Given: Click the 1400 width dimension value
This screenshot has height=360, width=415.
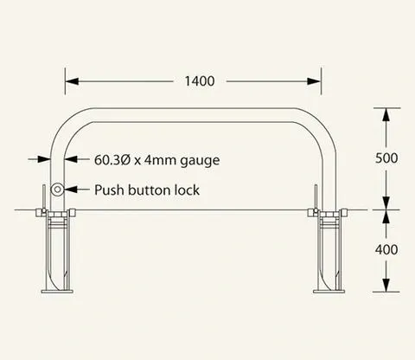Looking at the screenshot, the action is (x=200, y=81).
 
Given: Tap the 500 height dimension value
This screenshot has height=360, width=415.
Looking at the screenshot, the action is (x=386, y=158).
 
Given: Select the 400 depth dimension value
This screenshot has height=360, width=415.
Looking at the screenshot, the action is (x=386, y=249).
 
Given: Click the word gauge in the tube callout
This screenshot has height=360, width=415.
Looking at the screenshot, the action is (x=200, y=161).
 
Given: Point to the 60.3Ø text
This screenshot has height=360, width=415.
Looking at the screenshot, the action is (x=113, y=160).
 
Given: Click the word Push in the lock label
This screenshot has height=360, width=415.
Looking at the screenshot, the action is (x=110, y=190).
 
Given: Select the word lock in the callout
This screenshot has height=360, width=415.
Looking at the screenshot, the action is (x=188, y=190).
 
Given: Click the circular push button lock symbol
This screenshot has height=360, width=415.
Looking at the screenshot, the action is (x=57, y=190).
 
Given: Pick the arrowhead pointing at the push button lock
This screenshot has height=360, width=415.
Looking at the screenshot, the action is (x=71, y=190).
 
